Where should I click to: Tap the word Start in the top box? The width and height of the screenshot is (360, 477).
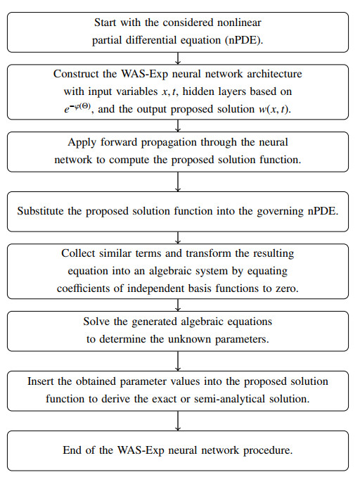(105, 23)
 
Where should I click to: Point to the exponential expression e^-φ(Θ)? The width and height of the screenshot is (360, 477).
(77, 108)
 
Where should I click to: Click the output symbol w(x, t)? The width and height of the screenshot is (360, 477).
(275, 109)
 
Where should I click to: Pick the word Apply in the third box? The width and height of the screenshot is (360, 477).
(82, 143)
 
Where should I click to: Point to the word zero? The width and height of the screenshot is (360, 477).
(287, 288)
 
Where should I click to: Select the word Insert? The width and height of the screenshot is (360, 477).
(41, 381)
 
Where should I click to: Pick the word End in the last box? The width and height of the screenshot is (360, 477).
(72, 450)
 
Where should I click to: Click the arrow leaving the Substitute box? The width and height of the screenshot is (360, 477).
(178, 238)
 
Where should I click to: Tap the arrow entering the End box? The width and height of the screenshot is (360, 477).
(178, 421)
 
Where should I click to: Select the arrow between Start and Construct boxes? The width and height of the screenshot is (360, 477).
(178, 58)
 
